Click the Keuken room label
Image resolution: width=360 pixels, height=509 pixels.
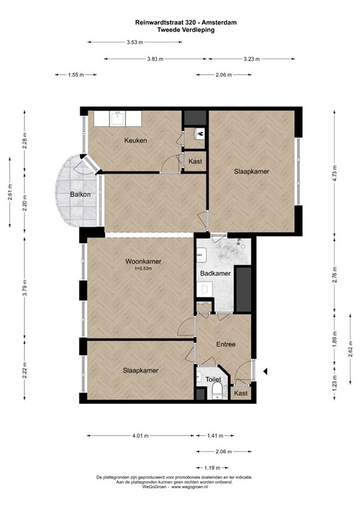tap(136, 141)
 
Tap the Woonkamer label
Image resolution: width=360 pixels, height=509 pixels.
tap(143, 261)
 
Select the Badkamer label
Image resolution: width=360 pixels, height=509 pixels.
tap(215, 273)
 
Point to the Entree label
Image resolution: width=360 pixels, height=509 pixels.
tap(226, 345)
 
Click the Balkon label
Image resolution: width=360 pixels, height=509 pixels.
tap(80, 194)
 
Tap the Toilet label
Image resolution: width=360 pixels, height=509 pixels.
tap(213, 379)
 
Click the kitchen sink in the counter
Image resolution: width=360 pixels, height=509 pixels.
tap(117, 119)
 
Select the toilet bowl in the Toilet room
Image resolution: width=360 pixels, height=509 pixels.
tap(217, 389)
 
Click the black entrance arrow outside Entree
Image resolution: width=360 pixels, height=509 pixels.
tap(265, 371)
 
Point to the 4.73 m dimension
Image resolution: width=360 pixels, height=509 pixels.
tap(335, 172)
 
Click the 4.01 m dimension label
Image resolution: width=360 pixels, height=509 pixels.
tap(141, 435)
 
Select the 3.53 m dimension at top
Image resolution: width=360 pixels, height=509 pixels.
tap(135, 42)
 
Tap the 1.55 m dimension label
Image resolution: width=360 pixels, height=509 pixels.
tap(76, 75)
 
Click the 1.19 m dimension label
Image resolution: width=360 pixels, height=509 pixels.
tap(212, 468)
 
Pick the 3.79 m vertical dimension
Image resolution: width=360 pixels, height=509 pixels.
tap(25, 288)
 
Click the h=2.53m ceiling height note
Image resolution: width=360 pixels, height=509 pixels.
tap(143, 268)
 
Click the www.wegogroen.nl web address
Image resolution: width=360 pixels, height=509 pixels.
tap(190, 487)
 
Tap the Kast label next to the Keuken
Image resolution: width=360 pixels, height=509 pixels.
tap(195, 161)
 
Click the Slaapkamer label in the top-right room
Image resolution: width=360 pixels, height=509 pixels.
tap(251, 172)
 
